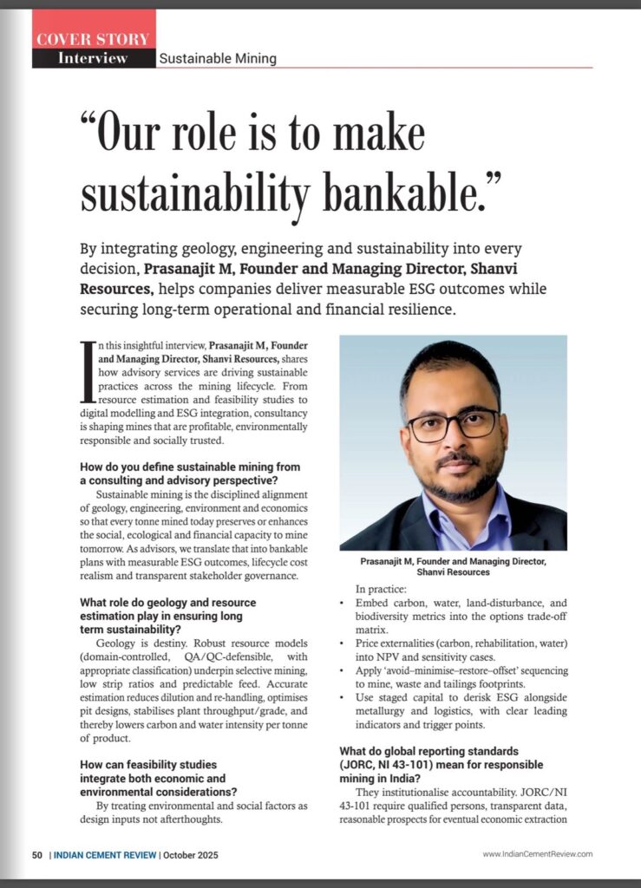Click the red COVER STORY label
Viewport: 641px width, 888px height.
pos(93,38)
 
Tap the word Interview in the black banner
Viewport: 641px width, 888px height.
pos(93,58)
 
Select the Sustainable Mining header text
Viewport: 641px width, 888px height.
pos(218,59)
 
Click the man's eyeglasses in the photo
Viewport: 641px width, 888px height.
pos(453,424)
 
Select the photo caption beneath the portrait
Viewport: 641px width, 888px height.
pos(453,566)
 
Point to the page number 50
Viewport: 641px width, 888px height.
pos(38,854)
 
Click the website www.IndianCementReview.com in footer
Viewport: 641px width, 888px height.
pos(537,854)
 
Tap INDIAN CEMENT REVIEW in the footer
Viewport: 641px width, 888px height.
pos(105,854)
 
